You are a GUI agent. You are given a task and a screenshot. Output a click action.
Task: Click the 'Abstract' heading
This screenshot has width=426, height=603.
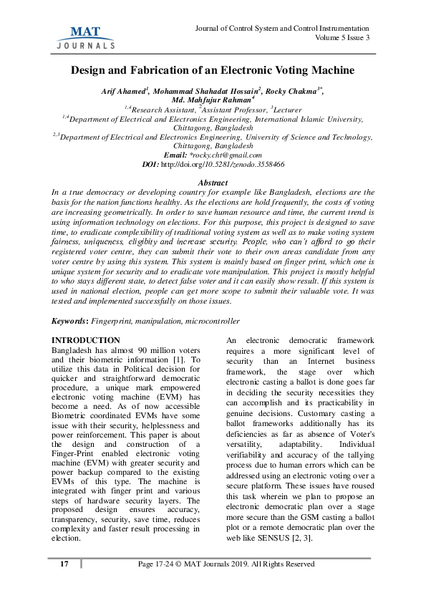pos(213,183)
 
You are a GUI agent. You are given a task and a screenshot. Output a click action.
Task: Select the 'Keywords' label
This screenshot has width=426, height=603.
pos(74,322)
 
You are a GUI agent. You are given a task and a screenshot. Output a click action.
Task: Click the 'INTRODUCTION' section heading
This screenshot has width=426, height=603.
pos(87,339)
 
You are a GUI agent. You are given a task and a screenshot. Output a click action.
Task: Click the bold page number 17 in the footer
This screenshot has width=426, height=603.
pos(64,584)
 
